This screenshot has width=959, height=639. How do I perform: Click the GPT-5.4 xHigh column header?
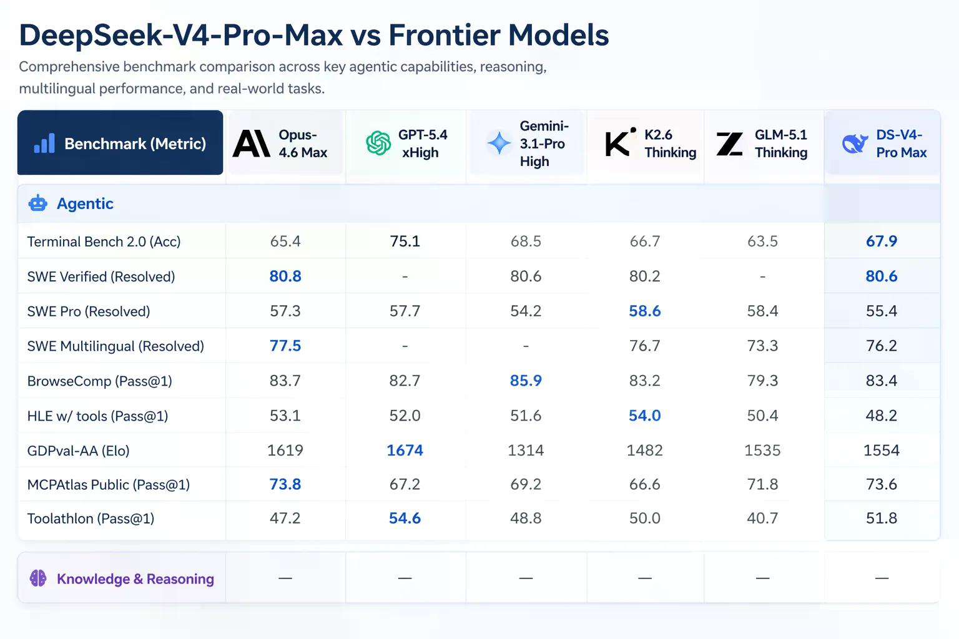pyautogui.click(x=406, y=144)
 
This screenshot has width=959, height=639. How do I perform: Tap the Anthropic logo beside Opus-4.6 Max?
pyautogui.click(x=252, y=144)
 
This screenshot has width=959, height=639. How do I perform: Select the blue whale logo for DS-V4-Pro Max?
pyautogui.click(x=855, y=144)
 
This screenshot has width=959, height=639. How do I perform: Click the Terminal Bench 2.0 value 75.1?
pyautogui.click(x=405, y=241)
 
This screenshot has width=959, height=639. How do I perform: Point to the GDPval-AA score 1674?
pyautogui.click(x=405, y=451)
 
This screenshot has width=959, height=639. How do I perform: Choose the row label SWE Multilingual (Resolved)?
pyautogui.click(x=116, y=346)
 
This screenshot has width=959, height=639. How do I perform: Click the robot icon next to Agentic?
pyautogui.click(x=37, y=203)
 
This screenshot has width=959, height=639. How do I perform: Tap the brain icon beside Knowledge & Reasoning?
pyautogui.click(x=38, y=578)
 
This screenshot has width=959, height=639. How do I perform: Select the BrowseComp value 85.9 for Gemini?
pyautogui.click(x=526, y=381)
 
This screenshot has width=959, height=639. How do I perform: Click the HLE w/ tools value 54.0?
pyautogui.click(x=645, y=416)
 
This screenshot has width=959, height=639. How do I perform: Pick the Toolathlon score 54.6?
pyautogui.click(x=405, y=519)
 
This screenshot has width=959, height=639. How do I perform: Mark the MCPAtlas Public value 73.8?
pyautogui.click(x=285, y=484)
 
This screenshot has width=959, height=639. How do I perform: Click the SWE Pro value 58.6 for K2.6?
pyautogui.click(x=645, y=311)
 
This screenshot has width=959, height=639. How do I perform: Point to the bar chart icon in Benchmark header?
pyautogui.click(x=44, y=143)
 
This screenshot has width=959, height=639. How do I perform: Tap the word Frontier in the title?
pyautogui.click(x=444, y=35)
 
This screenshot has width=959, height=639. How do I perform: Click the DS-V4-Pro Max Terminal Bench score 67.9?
pyautogui.click(x=882, y=241)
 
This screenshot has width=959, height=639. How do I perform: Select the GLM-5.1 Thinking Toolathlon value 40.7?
pyautogui.click(x=762, y=519)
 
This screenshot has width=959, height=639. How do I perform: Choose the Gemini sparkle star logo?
pyautogui.click(x=499, y=143)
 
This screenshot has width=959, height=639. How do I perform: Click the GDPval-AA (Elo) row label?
pyautogui.click(x=78, y=451)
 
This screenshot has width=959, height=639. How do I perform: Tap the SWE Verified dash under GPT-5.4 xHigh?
pyautogui.click(x=405, y=277)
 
